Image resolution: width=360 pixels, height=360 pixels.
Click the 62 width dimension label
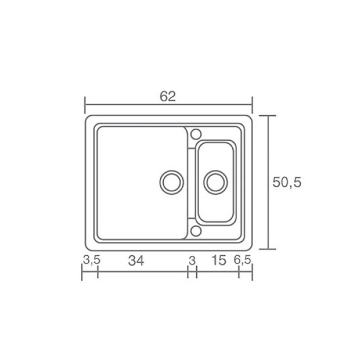[168, 96]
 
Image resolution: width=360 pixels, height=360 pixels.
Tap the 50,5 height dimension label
[287, 182]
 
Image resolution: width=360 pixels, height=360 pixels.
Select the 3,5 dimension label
[92, 260]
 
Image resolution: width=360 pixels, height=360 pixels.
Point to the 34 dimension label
[136, 261]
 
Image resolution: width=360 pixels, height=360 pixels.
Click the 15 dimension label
[219, 260]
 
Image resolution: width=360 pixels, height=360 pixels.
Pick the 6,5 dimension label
[242, 260]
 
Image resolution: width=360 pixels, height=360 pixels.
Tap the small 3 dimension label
[192, 261]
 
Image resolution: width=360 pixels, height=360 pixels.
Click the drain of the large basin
[172, 182]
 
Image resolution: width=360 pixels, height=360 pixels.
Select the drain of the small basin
[215, 182]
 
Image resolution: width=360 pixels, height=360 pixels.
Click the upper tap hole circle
[196, 134]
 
